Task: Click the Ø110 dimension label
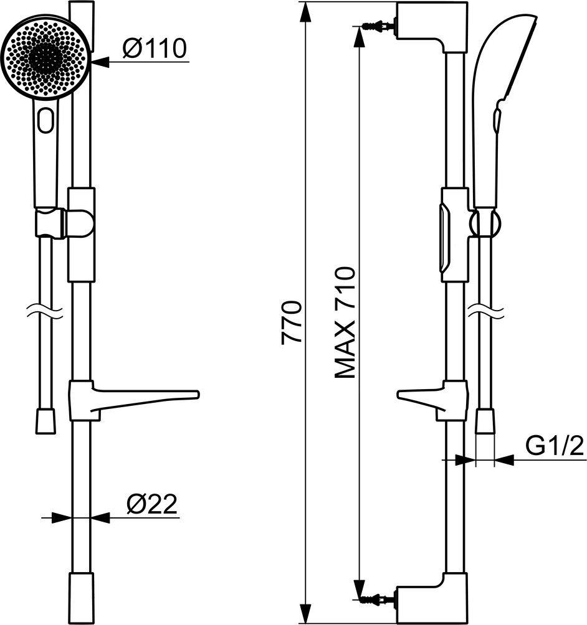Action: point(155,48)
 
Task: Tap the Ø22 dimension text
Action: point(151,505)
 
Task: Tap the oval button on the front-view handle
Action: point(46,120)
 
